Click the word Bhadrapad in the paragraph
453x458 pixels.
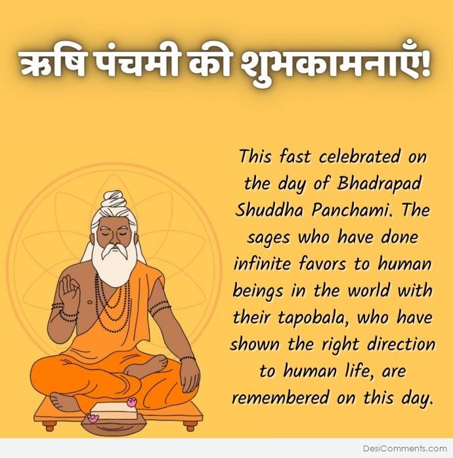tap(379, 184)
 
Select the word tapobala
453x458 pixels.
tap(314, 318)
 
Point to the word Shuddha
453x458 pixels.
tap(269, 210)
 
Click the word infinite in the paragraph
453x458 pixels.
tap(262, 264)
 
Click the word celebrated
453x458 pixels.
tap(359, 157)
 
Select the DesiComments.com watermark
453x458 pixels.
tap(405, 448)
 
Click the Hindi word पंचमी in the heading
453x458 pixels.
tap(137, 64)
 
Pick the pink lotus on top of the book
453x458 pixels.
tap(132, 402)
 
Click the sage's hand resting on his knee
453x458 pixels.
tap(189, 377)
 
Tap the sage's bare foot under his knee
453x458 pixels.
tap(65, 401)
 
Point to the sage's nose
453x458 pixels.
tap(115, 239)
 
